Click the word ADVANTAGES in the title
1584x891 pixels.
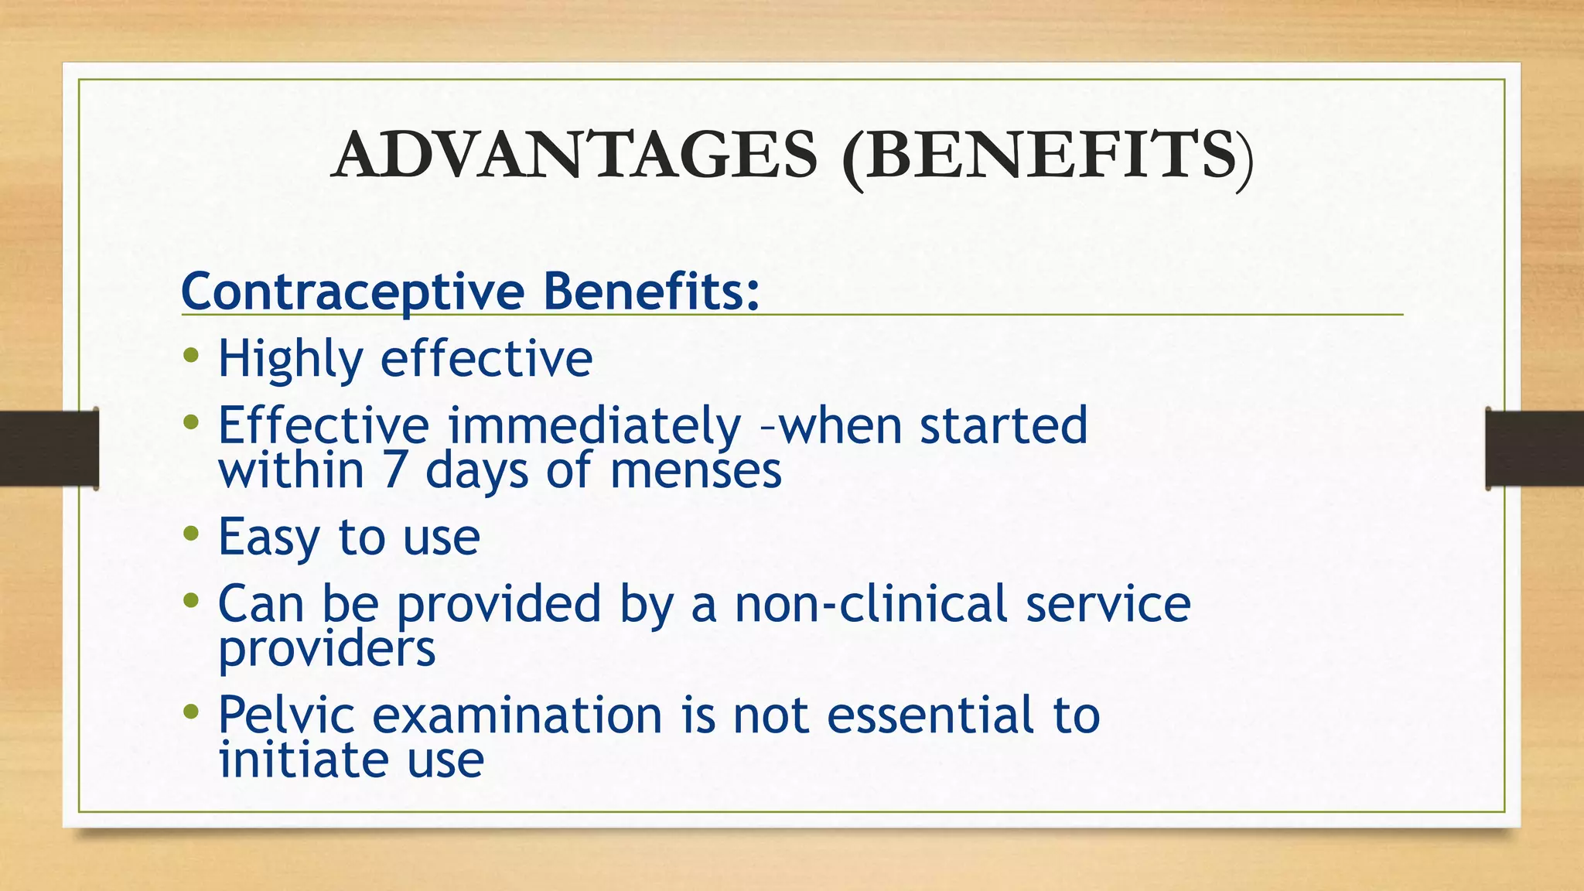[574, 155]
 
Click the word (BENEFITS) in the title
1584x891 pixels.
[1047, 156]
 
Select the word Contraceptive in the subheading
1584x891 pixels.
[353, 291]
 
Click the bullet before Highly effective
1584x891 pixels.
[191, 357]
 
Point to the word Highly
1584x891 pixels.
[290, 360]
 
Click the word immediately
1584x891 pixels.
[594, 425]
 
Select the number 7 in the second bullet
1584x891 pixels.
[394, 470]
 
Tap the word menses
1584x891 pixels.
[695, 470]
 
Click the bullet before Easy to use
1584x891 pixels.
[191, 534]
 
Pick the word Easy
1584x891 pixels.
[268, 537]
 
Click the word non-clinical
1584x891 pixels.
[871, 603]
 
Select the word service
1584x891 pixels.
[1108, 603]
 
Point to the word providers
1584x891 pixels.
[326, 648]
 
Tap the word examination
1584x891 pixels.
[517, 715]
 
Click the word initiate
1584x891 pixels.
[302, 760]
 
